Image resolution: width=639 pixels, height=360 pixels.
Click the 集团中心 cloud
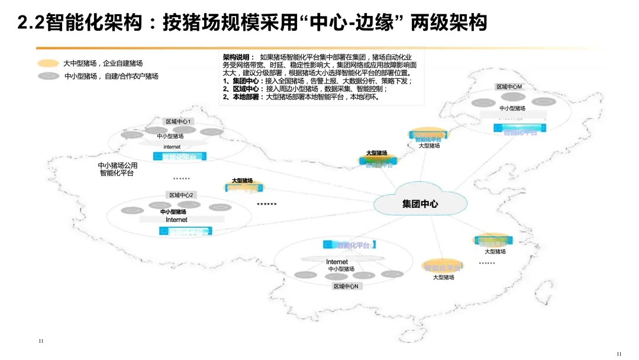419,204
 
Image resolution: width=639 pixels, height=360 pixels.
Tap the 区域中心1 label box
180,121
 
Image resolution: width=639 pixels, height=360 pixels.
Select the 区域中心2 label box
181,195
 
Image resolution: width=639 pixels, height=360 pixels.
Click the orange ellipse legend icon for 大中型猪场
48,63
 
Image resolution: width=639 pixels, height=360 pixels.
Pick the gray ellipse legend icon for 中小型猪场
48,76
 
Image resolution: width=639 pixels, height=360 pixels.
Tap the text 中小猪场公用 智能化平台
117,169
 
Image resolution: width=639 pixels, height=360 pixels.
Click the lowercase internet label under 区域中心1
172,147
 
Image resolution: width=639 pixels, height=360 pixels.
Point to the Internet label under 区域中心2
176,220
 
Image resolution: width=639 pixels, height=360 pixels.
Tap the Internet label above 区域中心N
337,262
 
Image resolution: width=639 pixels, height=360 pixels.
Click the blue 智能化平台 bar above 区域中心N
349,245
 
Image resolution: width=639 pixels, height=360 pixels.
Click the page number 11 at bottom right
619,354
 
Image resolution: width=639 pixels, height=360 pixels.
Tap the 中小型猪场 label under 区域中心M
512,108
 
